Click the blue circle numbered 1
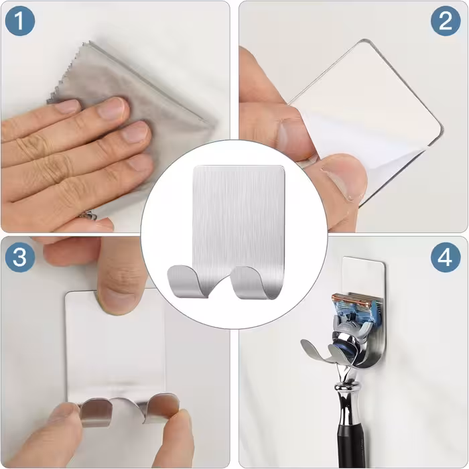click(20, 21)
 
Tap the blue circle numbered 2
click(446, 21)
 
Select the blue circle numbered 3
click(20, 257)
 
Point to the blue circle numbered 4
click(446, 257)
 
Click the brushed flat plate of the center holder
click(239, 218)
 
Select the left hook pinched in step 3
click(96, 412)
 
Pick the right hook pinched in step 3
click(162, 407)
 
